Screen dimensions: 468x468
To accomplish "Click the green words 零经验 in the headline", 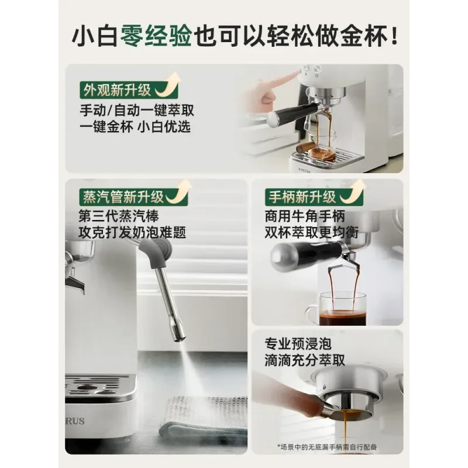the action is tap(156, 36).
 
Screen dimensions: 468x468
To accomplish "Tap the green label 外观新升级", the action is tap(118, 90).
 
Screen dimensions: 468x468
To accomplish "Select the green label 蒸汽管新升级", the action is tap(123, 197).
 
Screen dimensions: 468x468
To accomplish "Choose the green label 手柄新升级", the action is tap(302, 197).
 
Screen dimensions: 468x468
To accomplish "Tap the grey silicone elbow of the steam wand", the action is tap(160, 251).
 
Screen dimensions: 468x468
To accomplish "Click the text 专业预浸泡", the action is tap(298, 344).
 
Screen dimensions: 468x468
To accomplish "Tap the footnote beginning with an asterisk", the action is tap(327, 447).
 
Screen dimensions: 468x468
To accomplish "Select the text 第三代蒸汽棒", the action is tap(119, 216).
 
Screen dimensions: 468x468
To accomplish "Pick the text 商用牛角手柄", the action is tap(305, 216).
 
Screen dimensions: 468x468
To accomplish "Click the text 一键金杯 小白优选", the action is tap(135, 126).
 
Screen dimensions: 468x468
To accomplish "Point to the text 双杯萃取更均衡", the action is tap(312, 232).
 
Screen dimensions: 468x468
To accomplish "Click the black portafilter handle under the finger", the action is tap(295, 112).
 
